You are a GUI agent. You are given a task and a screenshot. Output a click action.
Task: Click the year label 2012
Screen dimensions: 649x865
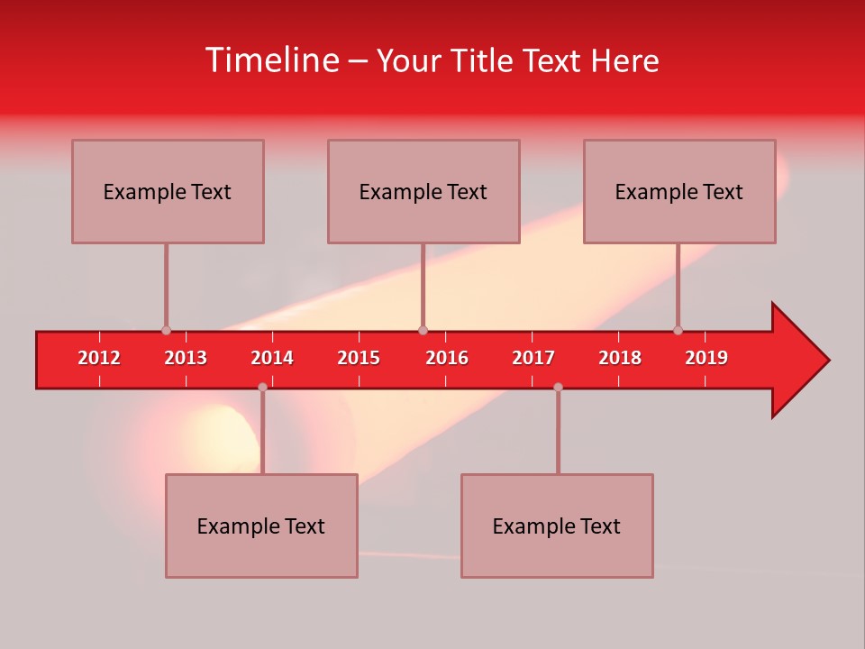99,358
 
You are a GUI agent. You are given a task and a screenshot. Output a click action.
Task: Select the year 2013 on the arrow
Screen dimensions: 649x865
186,358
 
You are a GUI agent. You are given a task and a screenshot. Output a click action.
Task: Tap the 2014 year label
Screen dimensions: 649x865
272,358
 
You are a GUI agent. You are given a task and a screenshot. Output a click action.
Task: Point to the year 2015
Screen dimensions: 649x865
359,358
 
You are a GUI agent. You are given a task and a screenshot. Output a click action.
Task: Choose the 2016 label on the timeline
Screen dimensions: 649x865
447,358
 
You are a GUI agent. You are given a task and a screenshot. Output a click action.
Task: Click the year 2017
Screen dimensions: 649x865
533,358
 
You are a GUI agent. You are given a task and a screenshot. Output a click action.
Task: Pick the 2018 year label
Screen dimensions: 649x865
620,358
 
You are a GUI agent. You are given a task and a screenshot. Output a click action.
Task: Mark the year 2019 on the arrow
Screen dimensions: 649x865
706,358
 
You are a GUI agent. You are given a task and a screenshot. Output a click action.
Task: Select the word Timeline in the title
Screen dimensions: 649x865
271,60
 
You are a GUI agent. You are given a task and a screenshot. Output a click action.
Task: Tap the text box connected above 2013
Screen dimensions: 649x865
168,191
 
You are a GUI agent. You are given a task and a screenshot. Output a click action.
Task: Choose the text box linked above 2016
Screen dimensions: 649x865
423,191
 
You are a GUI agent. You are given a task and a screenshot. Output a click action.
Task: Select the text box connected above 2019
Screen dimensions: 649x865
679,191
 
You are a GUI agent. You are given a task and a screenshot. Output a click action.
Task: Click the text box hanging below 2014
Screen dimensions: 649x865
261,526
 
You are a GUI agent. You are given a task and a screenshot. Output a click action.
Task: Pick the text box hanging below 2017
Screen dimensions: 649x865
557,526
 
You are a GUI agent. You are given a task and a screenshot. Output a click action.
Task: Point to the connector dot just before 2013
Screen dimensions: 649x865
166,330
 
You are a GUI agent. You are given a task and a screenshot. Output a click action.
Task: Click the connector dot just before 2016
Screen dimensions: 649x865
423,330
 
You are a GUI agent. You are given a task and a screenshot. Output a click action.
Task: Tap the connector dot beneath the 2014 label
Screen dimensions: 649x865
262,387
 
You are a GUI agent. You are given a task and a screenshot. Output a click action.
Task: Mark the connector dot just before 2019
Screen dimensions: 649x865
678,330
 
